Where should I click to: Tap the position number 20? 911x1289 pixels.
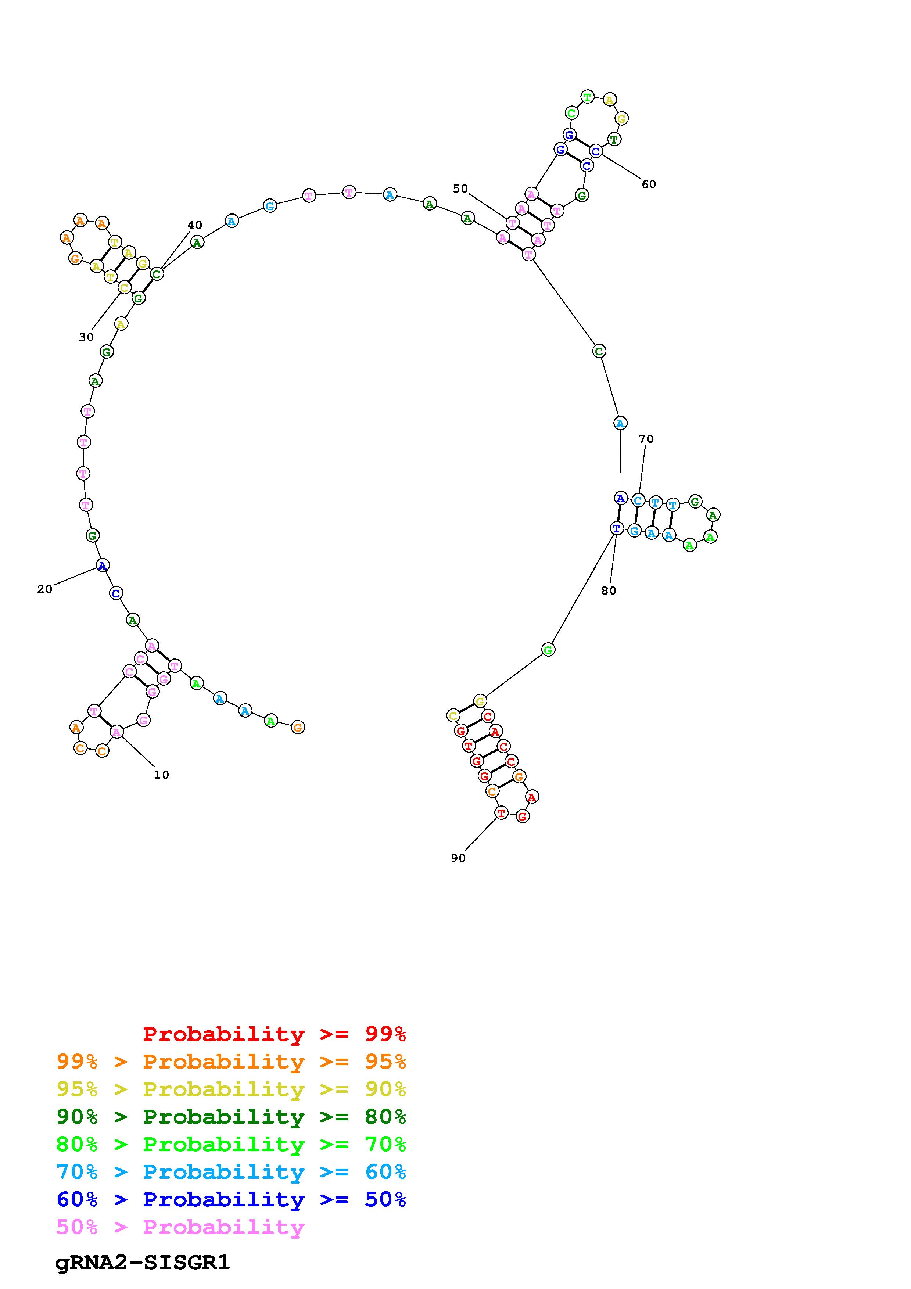[x=44, y=589]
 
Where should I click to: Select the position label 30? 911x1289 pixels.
[x=86, y=337]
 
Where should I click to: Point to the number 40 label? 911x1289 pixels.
[x=195, y=225]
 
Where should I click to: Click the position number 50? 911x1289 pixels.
[x=460, y=188]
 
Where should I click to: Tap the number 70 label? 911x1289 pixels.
[x=646, y=438]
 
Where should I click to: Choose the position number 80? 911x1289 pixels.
[x=609, y=590]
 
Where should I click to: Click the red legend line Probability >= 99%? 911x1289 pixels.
[x=275, y=1034]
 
